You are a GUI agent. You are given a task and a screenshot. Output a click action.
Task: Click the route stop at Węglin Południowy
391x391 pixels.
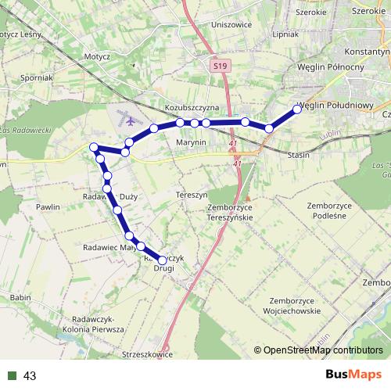click(297, 109)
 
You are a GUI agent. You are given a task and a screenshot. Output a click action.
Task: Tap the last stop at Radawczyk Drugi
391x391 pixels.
click(163, 260)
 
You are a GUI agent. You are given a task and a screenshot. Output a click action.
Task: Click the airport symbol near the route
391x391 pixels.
click(127, 120)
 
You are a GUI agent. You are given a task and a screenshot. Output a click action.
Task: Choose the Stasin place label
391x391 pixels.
click(299, 155)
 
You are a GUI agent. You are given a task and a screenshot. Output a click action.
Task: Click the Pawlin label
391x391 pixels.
click(48, 207)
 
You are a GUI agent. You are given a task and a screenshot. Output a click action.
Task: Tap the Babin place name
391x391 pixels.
click(20, 297)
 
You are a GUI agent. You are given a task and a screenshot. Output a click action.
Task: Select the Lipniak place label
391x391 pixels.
click(285, 34)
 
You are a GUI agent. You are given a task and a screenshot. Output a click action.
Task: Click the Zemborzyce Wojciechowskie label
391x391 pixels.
click(294, 306)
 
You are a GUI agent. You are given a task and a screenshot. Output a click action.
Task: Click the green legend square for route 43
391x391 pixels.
click(12, 376)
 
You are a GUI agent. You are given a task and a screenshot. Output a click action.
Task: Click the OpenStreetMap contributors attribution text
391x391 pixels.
click(323, 350)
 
